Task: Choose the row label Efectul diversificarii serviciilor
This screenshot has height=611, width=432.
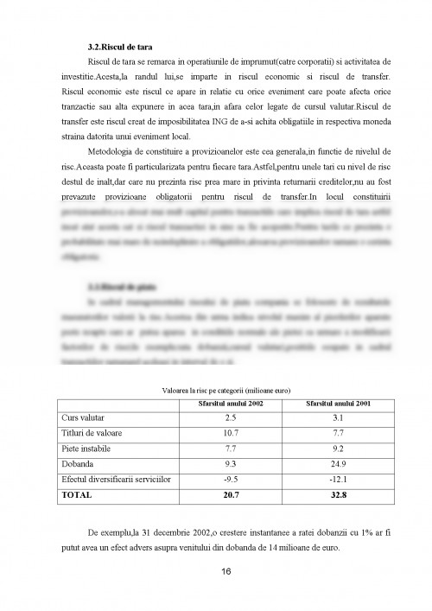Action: (x=116, y=479)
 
